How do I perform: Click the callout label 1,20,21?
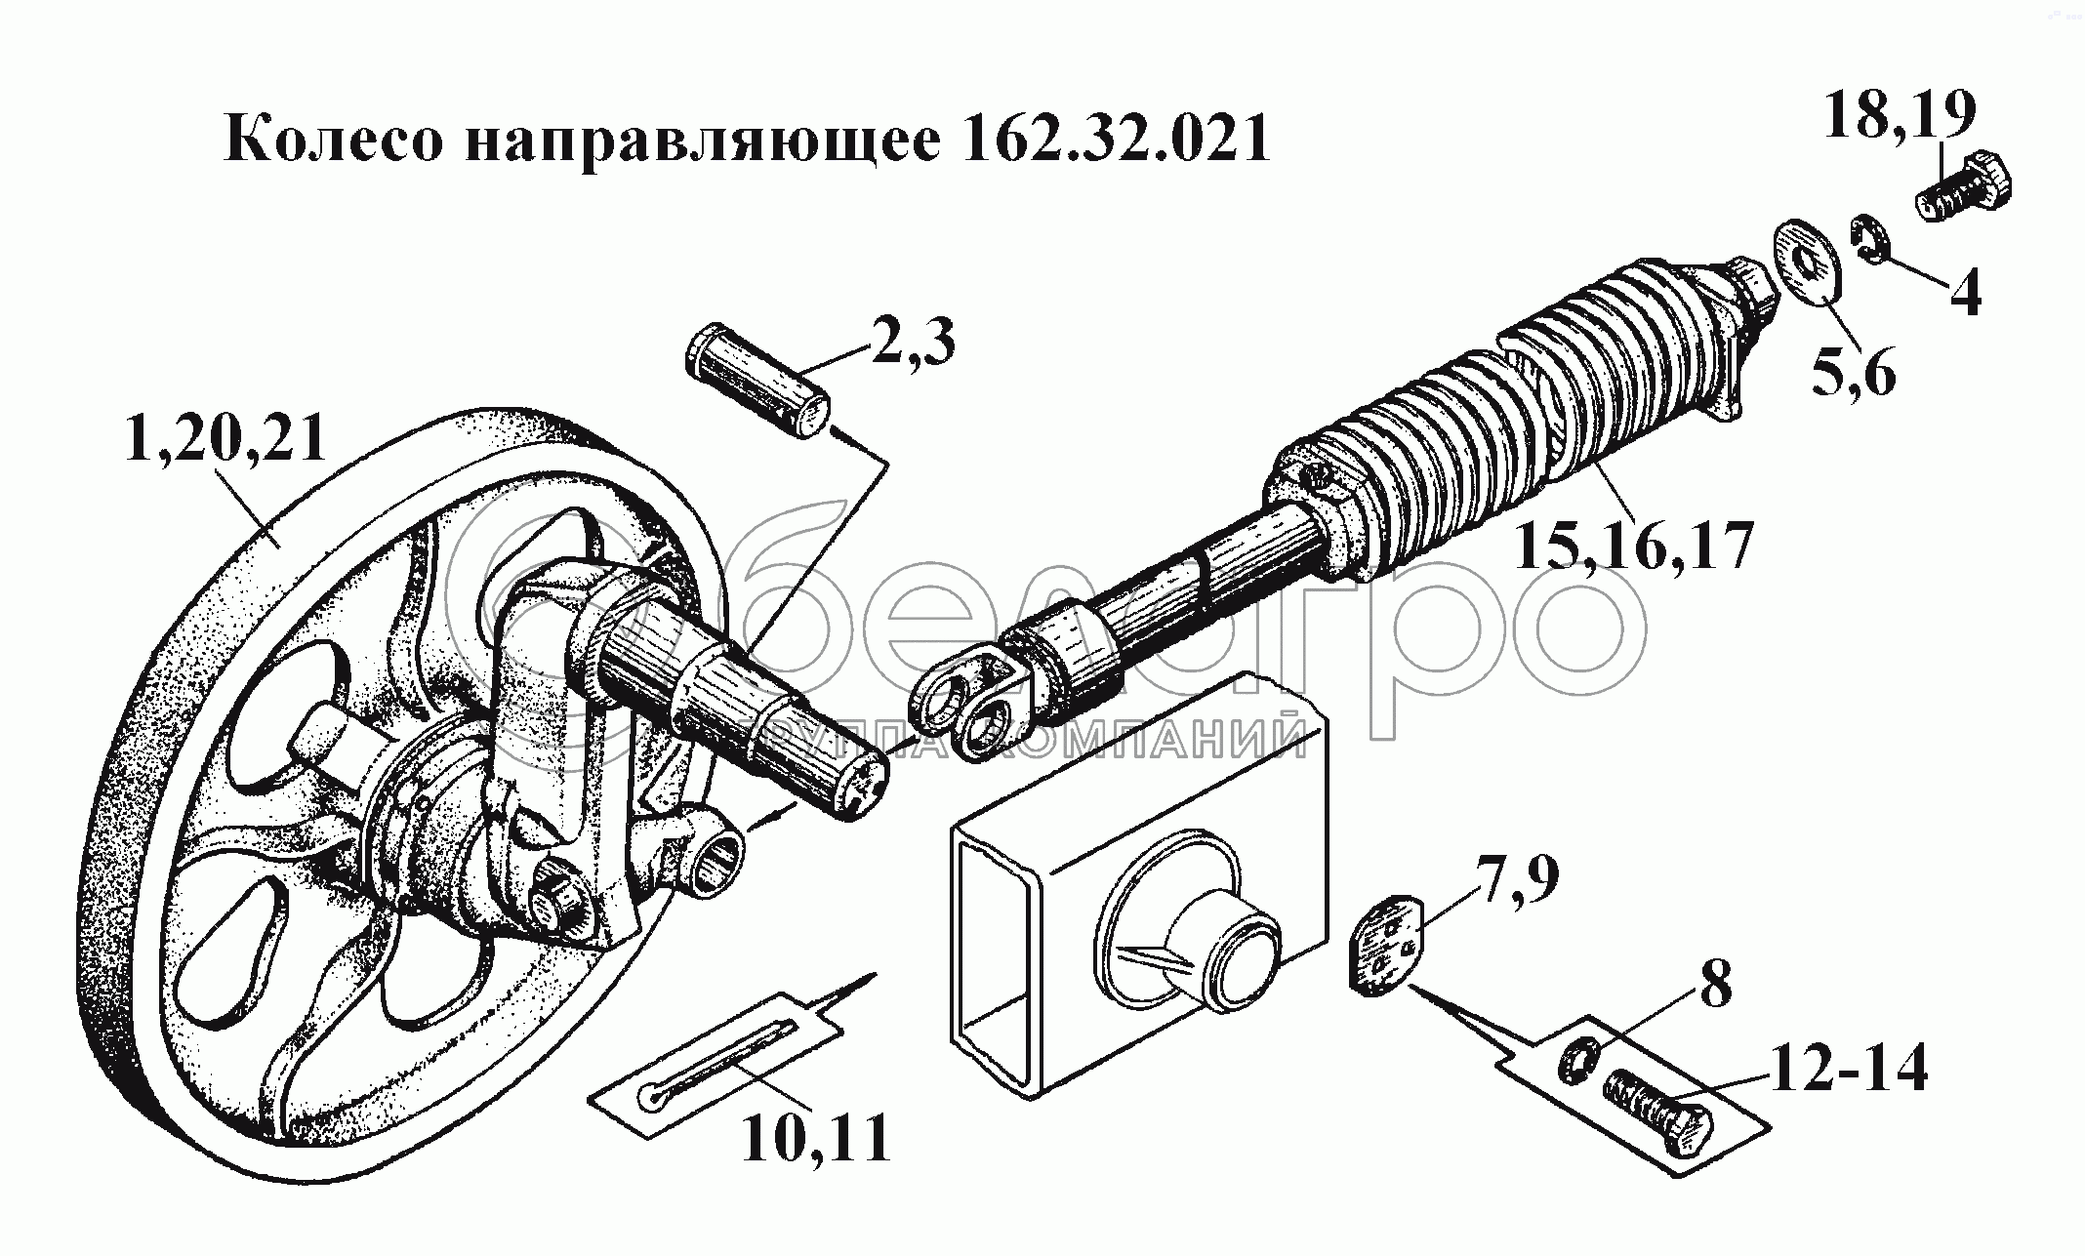coord(225,441)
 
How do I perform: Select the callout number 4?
coord(1964,290)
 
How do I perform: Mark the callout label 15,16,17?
coord(1634,546)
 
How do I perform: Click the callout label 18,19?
coord(1901,115)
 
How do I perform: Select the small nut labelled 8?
coord(1576,1061)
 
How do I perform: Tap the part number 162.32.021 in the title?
coord(1116,140)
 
